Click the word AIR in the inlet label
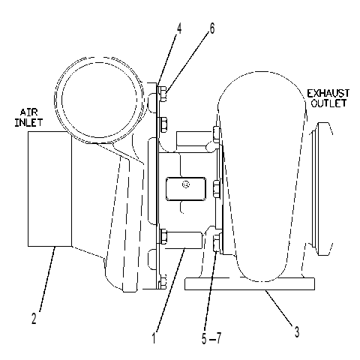[x=28, y=112]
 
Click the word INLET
[x=28, y=122]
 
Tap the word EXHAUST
[x=328, y=94]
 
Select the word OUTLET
[x=328, y=103]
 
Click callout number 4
[x=179, y=29]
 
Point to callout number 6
[x=211, y=28]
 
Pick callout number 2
[x=34, y=319]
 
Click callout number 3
[x=296, y=332]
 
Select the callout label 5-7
[x=211, y=339]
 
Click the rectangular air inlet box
[x=49, y=189]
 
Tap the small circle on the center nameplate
[x=186, y=184]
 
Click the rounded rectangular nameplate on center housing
[x=186, y=189]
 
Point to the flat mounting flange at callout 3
[x=249, y=283]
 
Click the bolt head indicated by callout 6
[x=163, y=94]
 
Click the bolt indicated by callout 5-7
[x=216, y=242]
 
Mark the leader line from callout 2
[x=47, y=279]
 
